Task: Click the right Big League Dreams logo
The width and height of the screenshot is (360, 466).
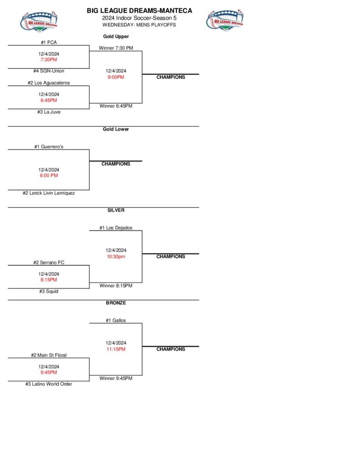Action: click(x=225, y=20)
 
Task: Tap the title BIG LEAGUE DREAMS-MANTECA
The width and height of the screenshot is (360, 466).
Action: click(x=139, y=10)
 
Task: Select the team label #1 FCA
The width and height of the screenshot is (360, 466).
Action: click(x=49, y=42)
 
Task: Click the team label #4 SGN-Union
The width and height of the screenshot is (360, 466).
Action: click(x=49, y=71)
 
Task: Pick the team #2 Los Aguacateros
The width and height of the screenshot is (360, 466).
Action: click(x=49, y=83)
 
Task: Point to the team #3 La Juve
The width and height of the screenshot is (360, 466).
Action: click(x=49, y=112)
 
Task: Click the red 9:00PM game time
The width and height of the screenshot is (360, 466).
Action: click(x=116, y=77)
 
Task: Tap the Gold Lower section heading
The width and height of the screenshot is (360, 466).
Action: click(x=116, y=129)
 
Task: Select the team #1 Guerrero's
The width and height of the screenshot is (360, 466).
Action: click(x=49, y=147)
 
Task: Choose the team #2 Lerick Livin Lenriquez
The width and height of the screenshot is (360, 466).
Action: click(x=49, y=193)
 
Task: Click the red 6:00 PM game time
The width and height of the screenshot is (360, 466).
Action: click(x=49, y=175)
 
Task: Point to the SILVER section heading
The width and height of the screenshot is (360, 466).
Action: click(x=116, y=210)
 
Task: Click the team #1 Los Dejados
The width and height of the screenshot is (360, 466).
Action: click(x=116, y=228)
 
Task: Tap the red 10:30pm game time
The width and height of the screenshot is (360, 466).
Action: click(x=116, y=256)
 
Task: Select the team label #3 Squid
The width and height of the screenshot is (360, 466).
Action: click(x=49, y=291)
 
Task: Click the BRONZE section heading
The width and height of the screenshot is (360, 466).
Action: click(x=116, y=303)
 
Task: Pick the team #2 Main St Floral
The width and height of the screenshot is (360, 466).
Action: click(x=49, y=355)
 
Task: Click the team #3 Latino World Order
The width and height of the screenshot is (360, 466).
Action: click(x=49, y=384)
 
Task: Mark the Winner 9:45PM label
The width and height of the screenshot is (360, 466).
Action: click(x=116, y=378)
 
